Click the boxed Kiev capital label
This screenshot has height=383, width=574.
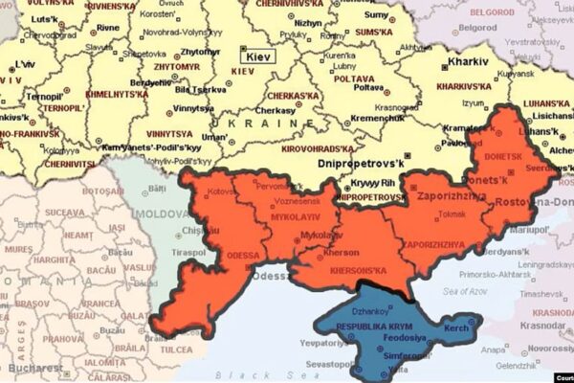[259, 56]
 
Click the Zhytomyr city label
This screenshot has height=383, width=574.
[201, 50]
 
